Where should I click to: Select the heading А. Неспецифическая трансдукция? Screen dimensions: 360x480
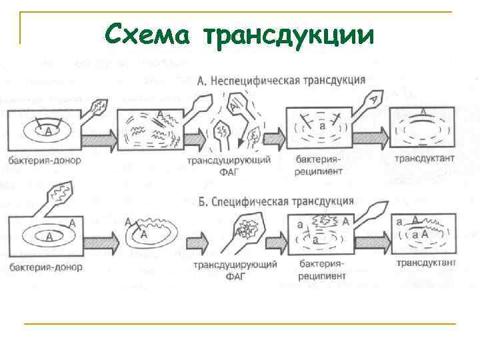tap(281, 80)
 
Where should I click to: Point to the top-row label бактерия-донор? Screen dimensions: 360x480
tap(46, 160)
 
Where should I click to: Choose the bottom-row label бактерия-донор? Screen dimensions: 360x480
tap(46, 267)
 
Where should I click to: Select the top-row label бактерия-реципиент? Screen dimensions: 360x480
tap(319, 165)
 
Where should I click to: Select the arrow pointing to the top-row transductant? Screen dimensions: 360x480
tap(371, 136)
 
